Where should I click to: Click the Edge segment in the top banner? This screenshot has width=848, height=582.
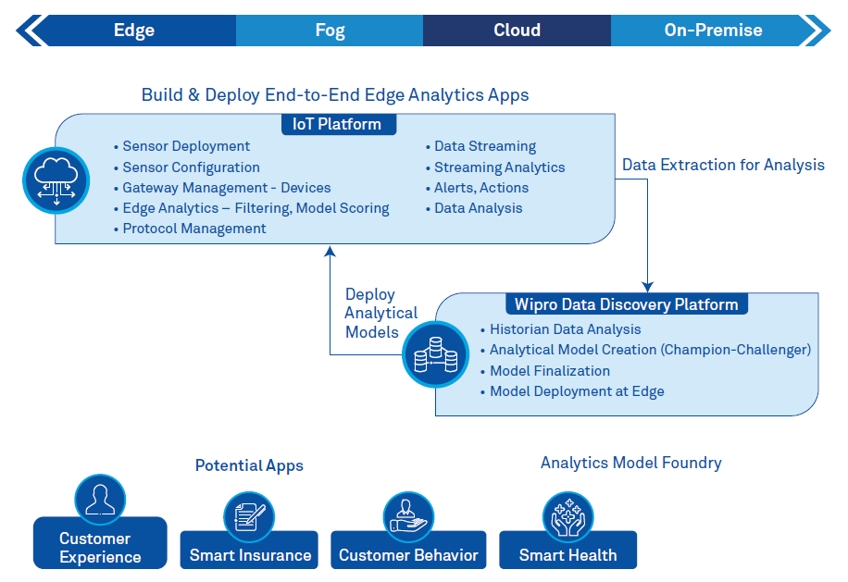click(x=134, y=30)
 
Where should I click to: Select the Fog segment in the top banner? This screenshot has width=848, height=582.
click(x=330, y=30)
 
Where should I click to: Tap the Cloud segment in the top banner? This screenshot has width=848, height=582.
click(x=517, y=30)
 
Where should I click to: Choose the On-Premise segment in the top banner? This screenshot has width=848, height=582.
click(x=713, y=30)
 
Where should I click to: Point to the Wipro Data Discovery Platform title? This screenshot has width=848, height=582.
click(x=627, y=304)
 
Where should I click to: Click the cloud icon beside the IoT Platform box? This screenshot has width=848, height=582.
click(x=56, y=180)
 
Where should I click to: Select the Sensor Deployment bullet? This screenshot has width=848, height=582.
click(x=186, y=146)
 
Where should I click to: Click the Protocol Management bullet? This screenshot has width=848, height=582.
click(x=194, y=229)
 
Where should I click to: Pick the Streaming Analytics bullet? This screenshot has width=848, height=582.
click(x=499, y=167)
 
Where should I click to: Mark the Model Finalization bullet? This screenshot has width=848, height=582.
click(x=549, y=371)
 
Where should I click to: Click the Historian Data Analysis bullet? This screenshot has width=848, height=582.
click(x=565, y=329)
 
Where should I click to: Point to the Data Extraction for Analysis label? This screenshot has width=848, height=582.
click(x=723, y=165)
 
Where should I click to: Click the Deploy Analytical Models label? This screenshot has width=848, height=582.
click(x=380, y=313)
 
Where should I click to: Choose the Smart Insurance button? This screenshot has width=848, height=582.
click(x=250, y=554)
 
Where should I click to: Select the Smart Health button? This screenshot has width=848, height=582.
click(x=567, y=554)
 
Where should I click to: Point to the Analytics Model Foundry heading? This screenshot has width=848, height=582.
click(x=630, y=463)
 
